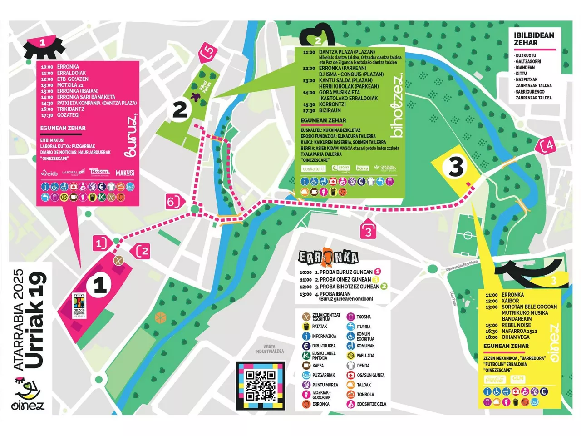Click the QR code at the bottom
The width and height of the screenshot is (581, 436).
[261, 386]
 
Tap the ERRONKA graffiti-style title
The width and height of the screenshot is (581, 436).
[328, 258]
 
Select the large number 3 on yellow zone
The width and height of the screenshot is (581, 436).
[456, 167]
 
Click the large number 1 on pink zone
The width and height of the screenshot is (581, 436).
[99, 286]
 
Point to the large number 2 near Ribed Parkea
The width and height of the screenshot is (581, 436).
[180, 110]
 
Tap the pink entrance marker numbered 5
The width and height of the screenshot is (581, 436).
[208, 52]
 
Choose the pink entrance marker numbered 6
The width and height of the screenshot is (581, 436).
[172, 201]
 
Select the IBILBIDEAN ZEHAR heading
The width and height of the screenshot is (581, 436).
[534, 39]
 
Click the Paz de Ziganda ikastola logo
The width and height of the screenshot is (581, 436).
[79, 306]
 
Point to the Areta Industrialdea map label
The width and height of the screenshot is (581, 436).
[269, 349]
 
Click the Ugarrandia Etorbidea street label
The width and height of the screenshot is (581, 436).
[462, 265]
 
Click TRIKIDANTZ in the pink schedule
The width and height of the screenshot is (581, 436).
[70, 109]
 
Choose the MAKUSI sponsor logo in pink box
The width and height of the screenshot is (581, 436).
[125, 173]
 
